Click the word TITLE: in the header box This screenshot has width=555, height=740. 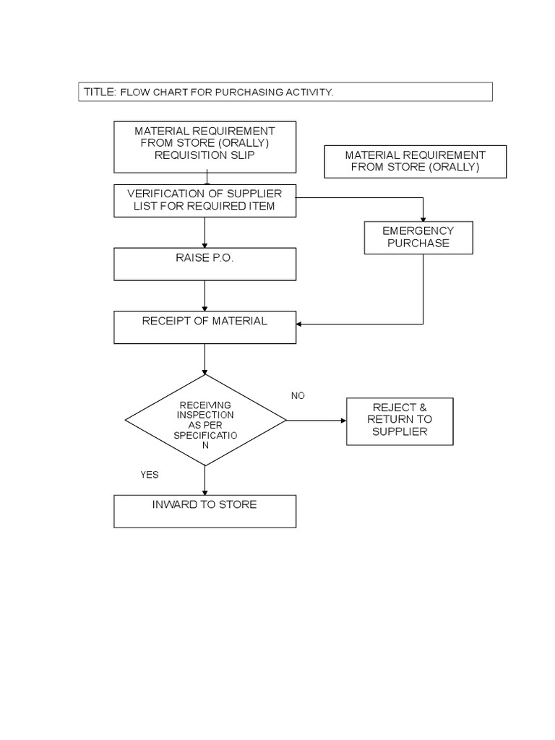point(100,92)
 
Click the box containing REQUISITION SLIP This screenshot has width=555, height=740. point(205,147)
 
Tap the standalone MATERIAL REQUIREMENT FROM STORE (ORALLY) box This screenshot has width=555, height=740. point(415,161)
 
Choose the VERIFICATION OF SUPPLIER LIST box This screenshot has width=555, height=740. point(205,200)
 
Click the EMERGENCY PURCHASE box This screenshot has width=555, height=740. point(418,238)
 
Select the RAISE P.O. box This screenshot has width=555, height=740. point(205,264)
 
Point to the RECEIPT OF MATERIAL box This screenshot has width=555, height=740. point(205,327)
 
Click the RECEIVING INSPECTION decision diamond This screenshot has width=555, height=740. point(205,420)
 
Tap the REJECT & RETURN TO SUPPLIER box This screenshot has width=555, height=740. point(400,421)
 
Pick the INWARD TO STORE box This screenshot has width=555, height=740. point(205,511)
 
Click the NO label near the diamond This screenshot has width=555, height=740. point(298,395)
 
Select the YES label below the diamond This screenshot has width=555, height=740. point(150,475)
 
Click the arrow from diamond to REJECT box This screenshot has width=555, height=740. point(317,420)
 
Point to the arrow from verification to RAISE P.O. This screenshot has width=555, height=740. point(205,232)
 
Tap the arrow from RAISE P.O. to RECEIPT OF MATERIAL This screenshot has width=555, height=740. point(205,295)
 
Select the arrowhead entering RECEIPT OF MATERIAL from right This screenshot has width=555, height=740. point(301,324)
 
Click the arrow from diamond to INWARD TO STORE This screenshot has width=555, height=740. point(205,480)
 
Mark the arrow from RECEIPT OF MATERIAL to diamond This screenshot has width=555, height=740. point(205,358)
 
